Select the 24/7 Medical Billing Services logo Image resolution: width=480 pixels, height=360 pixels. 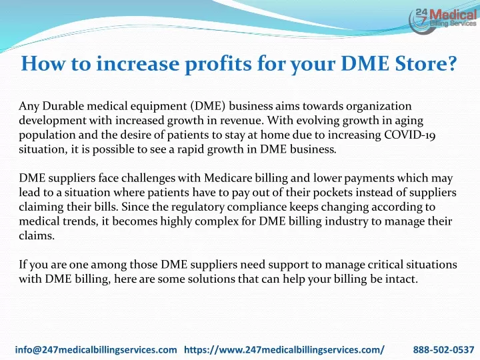coord(443,20)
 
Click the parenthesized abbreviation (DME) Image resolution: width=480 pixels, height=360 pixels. coord(208,106)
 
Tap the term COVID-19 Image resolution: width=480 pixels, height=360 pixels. coord(409,135)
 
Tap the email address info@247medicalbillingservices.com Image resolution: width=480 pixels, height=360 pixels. coord(96,349)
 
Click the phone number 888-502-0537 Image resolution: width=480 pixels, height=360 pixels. coord(443,349)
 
